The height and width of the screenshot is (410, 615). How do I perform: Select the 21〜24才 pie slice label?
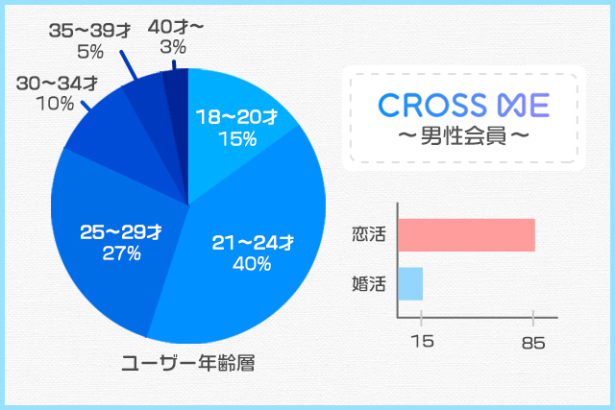tap(252, 243)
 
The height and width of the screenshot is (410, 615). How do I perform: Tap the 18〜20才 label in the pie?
tap(236, 117)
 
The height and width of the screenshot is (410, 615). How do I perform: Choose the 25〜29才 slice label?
tap(120, 232)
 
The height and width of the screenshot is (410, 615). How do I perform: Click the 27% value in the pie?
tap(121, 253)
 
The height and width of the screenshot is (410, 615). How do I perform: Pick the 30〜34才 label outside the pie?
tap(57, 83)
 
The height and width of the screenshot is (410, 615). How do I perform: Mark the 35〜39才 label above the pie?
tap(90, 31)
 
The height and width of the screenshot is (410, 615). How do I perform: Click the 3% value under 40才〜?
tap(174, 47)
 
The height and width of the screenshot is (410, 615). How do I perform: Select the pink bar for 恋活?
tap(466, 235)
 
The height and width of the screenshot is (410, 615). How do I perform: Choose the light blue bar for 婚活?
tap(410, 283)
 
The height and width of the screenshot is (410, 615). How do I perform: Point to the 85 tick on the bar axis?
tap(532, 341)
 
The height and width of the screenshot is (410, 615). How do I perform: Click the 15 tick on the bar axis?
tap(421, 341)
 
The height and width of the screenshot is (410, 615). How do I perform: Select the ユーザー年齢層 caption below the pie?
tap(187, 364)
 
